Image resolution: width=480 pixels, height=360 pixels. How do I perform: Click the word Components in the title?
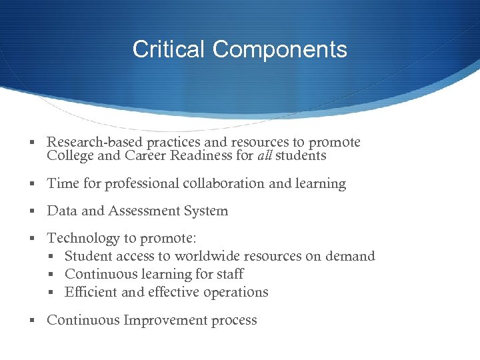point(280,49)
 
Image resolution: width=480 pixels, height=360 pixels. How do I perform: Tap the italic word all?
point(265,156)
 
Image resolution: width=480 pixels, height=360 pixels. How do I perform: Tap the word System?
point(206,211)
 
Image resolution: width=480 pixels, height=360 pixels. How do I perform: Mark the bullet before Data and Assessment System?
point(33,211)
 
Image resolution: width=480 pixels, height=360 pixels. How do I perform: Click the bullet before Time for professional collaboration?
point(33,184)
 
